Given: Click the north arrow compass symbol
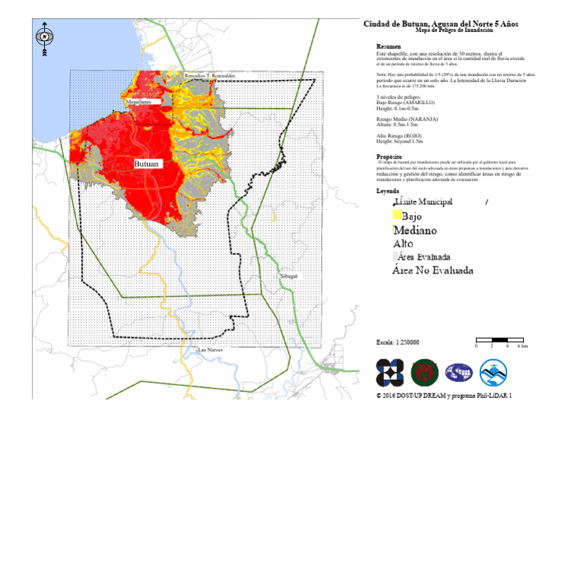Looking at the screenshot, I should pos(46,37).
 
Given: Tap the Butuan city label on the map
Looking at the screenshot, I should pos(147,164).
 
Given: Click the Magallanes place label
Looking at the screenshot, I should pos(138,101).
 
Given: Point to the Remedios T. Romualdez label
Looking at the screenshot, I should pos(211,76).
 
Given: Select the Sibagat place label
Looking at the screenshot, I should pos(288,276).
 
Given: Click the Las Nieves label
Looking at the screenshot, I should pos(210,350).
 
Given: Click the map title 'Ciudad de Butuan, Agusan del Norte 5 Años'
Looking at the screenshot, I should pos(440,24).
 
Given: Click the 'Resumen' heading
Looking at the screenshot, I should pos(389,47).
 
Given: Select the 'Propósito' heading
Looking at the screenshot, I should pos(390,156).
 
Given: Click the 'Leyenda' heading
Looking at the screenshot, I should pos(389,191).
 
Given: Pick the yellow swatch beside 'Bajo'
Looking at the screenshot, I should pos(396,216).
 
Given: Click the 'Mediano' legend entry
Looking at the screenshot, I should pos(415,230).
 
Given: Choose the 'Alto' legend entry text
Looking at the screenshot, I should pos(403,244).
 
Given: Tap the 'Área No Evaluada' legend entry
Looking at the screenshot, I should pos(433,270).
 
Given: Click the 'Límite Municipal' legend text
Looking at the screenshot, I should pos(424,202).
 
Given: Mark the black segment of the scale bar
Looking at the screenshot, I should pos(500,340).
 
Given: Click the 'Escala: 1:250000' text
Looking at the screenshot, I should pos(398,343).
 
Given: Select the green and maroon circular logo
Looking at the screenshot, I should pos(424,372).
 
